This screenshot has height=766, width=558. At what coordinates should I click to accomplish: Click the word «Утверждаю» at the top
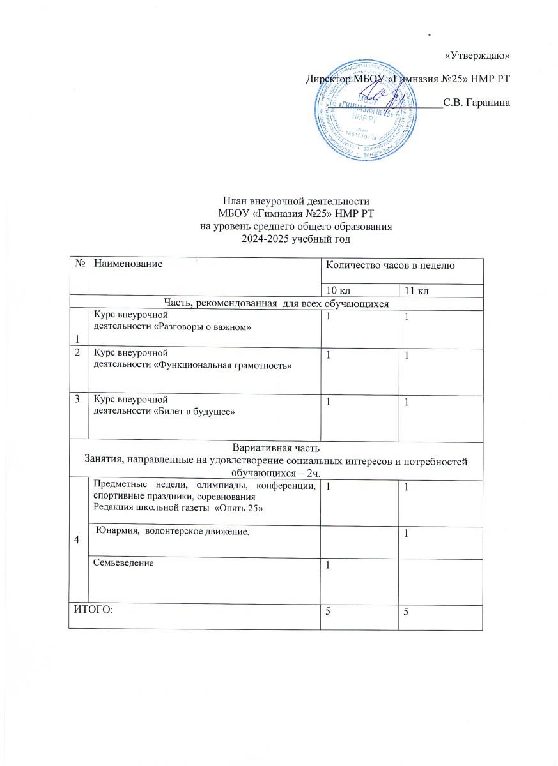click(x=477, y=56)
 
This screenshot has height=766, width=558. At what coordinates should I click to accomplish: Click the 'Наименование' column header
click(x=127, y=263)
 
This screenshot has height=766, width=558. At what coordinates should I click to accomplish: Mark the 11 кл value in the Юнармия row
click(x=405, y=534)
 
